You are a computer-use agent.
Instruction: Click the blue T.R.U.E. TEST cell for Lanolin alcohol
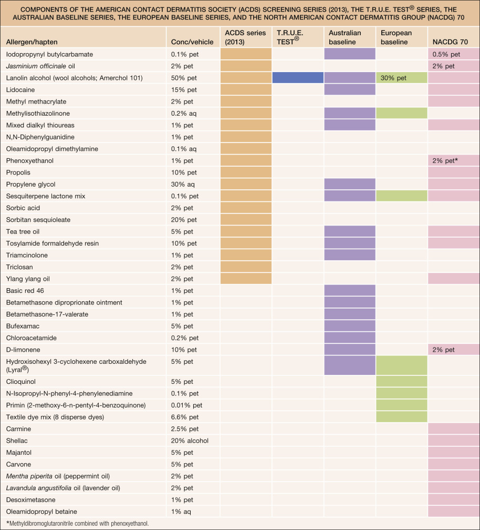(x=298, y=78)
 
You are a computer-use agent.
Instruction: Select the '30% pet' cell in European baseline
(x=401, y=78)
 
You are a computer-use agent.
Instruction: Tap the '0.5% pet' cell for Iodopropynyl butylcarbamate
(x=453, y=54)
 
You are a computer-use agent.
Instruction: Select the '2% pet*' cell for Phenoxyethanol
(x=453, y=160)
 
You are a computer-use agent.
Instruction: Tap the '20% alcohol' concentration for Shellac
(x=190, y=440)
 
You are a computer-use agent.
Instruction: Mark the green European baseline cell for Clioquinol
(x=401, y=381)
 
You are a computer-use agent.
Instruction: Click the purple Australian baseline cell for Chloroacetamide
(x=350, y=338)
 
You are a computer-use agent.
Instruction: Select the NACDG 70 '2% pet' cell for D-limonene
(x=453, y=350)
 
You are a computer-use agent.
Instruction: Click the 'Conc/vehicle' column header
(x=190, y=42)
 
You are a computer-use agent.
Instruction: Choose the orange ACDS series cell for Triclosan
(x=246, y=267)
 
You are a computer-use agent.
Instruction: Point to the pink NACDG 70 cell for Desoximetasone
(x=453, y=500)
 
